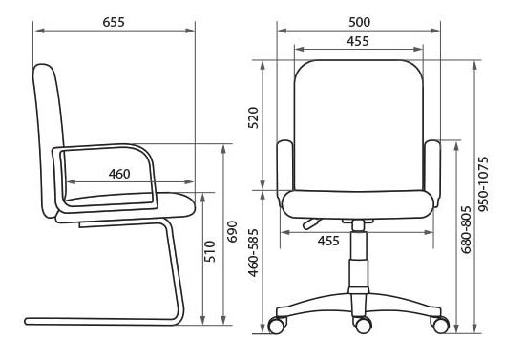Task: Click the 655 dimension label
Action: tap(114, 22)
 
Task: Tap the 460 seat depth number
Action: tap(119, 174)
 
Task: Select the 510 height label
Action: tap(210, 251)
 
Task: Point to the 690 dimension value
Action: tap(232, 231)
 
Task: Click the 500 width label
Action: tap(360, 22)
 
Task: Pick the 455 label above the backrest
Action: tap(358, 41)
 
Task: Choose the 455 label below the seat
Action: tap(328, 241)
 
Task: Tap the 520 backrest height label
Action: tap(254, 118)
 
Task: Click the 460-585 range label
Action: tap(254, 253)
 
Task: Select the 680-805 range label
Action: tap(466, 230)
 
